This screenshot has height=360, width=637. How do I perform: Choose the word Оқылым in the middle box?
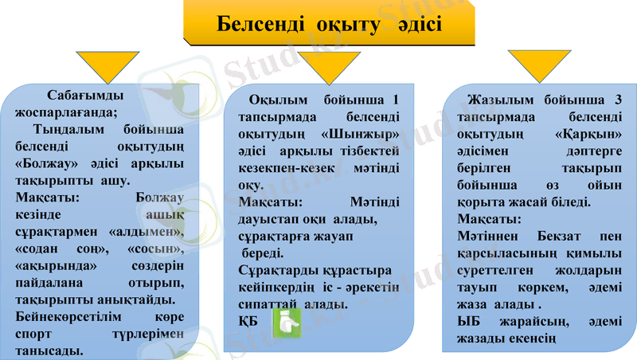pos(275,100)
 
